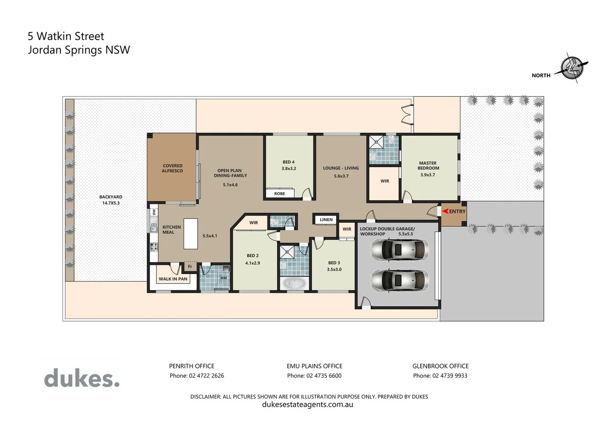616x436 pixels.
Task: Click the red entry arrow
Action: [445, 211]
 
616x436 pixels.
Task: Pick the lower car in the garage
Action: [399, 280]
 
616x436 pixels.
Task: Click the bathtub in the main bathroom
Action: [294, 283]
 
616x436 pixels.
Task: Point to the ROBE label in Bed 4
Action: [280, 194]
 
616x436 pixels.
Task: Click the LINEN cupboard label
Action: [326, 220]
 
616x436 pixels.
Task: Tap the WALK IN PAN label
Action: [173, 279]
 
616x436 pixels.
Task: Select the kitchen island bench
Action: [191, 233]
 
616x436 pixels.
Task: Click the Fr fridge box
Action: [190, 266]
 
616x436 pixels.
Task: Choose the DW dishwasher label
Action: [154, 212]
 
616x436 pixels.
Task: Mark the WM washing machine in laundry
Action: [223, 278]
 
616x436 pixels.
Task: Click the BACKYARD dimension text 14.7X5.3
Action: [111, 203]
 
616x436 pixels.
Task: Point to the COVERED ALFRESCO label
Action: [172, 168]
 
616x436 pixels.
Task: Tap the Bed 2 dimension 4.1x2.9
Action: [253, 263]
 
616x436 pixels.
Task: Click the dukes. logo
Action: [82, 378]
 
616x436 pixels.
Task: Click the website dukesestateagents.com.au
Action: [307, 405]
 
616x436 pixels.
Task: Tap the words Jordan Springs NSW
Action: [79, 50]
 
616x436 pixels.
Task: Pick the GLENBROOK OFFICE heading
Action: [440, 366]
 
